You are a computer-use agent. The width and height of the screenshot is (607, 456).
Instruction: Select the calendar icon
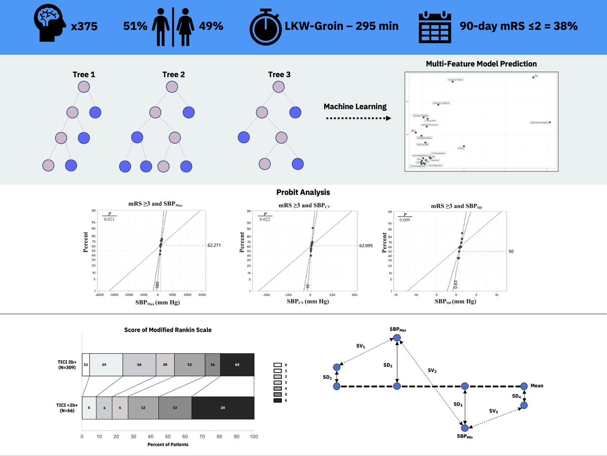click(435, 26)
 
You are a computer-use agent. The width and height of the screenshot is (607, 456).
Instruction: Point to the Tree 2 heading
click(174, 74)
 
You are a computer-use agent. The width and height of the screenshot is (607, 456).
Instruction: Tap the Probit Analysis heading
click(303, 192)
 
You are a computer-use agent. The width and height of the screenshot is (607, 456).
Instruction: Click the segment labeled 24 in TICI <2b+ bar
click(223, 407)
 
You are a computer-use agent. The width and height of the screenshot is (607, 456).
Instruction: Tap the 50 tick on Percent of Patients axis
click(168, 436)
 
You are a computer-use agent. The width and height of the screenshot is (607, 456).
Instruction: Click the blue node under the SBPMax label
click(398, 338)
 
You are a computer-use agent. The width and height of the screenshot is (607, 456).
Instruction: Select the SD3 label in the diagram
click(457, 404)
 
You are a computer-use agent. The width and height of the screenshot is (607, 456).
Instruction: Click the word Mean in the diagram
click(536, 386)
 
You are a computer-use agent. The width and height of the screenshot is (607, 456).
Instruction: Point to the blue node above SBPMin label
click(465, 428)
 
